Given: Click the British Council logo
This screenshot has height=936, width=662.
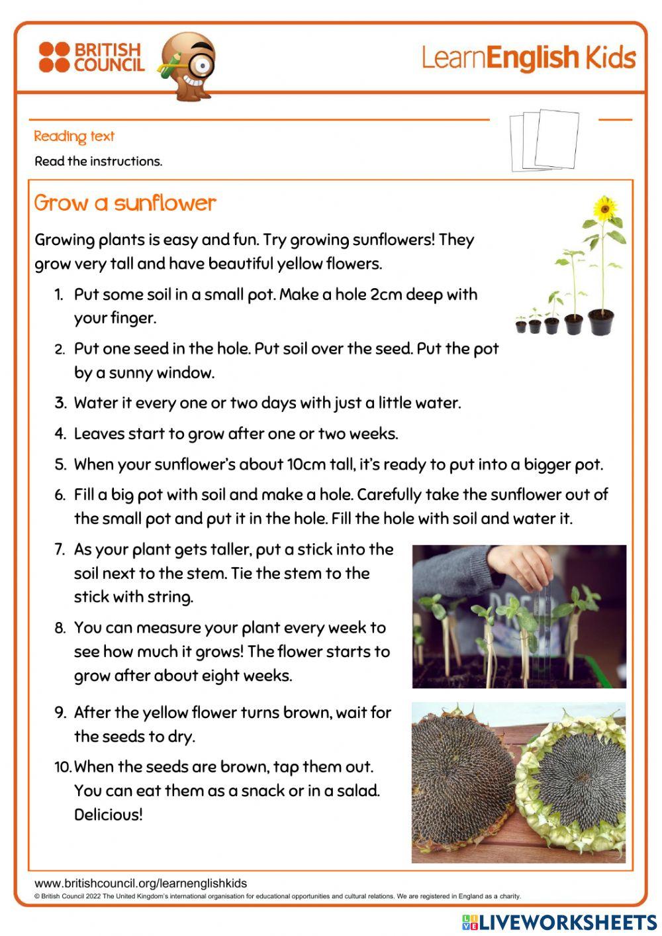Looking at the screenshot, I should [x=91, y=58].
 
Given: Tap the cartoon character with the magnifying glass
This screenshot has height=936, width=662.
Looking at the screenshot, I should [x=189, y=65].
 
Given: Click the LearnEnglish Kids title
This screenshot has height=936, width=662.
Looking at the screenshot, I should [x=528, y=58].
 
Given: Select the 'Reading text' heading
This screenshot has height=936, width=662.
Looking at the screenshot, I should [x=74, y=136].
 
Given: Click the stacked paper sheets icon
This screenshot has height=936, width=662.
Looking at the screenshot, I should [x=544, y=140].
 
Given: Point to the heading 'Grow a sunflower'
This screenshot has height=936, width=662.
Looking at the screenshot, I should [x=125, y=203].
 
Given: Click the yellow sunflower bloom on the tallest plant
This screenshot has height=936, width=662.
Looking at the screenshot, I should [x=603, y=209].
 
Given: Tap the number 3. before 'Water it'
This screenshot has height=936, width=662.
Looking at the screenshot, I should [x=61, y=403].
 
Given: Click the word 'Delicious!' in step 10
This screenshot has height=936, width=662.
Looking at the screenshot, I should [x=108, y=815].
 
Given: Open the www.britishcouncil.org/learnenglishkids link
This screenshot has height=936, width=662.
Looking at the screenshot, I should [x=140, y=883].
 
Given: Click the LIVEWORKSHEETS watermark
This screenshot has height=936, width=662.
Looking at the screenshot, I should [x=559, y=922].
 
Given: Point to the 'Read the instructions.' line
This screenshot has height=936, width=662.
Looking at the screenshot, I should [x=98, y=161].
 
